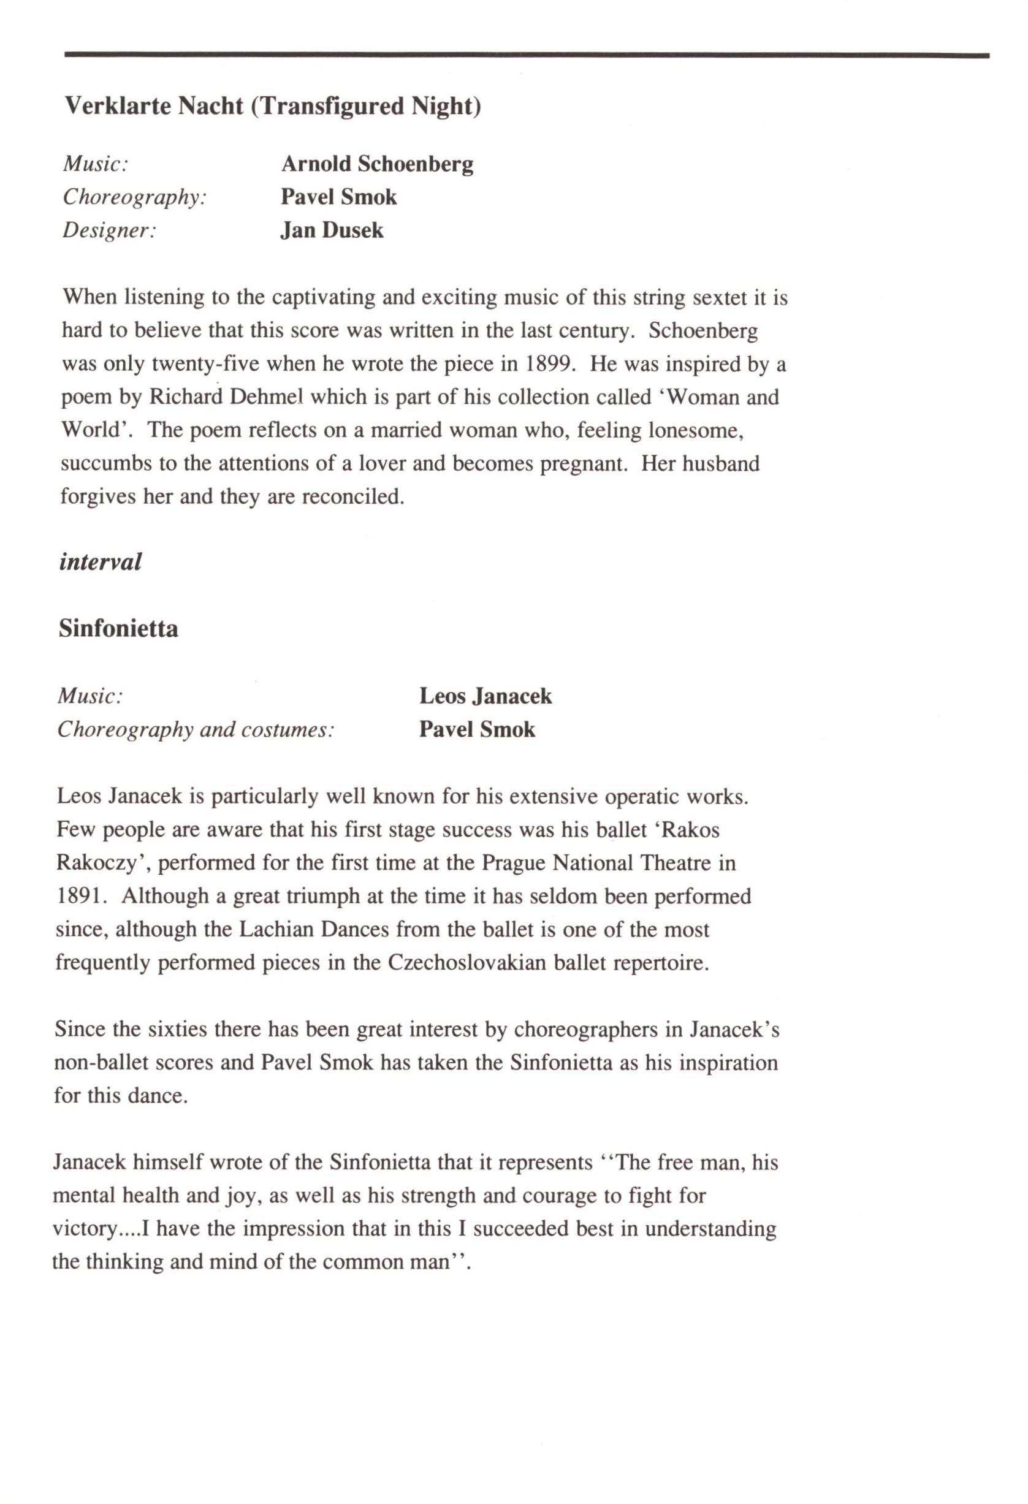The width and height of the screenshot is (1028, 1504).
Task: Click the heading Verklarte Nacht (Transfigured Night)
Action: point(273,106)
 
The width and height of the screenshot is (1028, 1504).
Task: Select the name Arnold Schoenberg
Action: point(377,164)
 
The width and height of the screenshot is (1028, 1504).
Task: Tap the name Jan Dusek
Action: point(332,230)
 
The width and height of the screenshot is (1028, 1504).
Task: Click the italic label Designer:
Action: point(109,231)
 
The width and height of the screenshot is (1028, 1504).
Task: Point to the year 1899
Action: point(549,363)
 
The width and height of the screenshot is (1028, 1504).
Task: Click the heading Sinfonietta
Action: point(118,628)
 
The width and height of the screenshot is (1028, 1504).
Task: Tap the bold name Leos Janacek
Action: point(485,696)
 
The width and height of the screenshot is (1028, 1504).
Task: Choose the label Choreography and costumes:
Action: point(196,730)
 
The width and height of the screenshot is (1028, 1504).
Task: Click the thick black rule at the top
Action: point(527,56)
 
